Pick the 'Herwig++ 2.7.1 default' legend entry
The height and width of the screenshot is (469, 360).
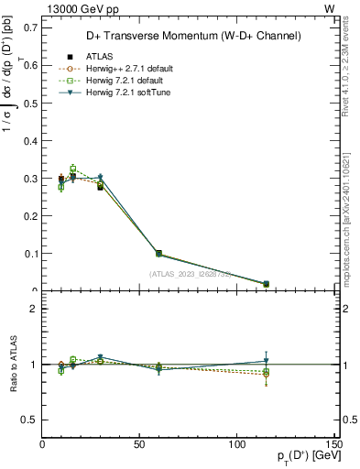[110, 68]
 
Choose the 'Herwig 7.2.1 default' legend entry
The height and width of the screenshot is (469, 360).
[106, 80]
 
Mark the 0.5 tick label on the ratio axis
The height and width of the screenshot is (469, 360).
[30, 420]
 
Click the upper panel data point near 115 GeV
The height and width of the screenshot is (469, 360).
[266, 284]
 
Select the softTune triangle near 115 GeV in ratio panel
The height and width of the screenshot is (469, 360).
[266, 360]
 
